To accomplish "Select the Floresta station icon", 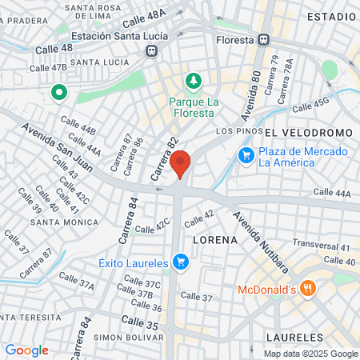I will (x=264, y=38).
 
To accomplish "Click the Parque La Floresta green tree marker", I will (x=192, y=81).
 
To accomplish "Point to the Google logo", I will (x=26, y=350).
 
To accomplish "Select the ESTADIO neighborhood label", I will (x=330, y=16).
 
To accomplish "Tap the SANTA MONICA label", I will (x=71, y=222).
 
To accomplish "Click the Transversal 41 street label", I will (x=322, y=247).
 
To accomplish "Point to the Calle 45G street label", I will (x=310, y=104).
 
